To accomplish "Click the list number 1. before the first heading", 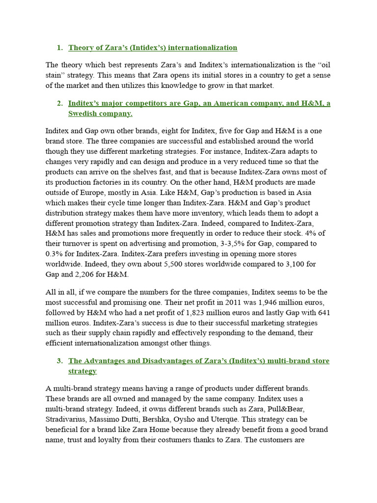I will click(x=59, y=48).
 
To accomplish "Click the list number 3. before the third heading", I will click(x=59, y=361).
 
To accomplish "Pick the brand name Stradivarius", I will click(x=67, y=419).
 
